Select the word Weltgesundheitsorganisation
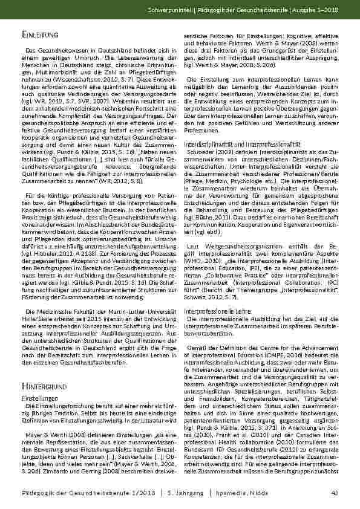(232, 245)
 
